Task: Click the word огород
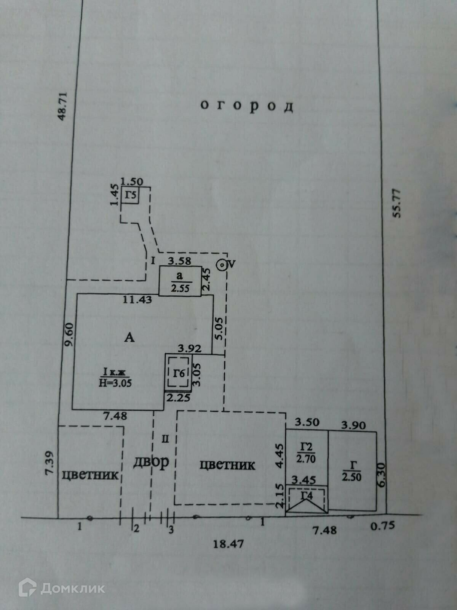tap(247, 106)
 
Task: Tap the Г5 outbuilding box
tap(130, 196)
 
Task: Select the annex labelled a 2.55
tap(180, 281)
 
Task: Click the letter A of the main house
tap(130, 337)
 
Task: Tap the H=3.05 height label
tap(115, 383)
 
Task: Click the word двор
tap(151, 462)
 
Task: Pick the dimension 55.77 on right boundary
tap(397, 202)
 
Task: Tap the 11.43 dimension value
tap(137, 300)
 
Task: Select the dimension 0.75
tap(383, 526)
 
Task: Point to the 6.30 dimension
tap(382, 474)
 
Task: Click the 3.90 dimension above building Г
tap(353, 425)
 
